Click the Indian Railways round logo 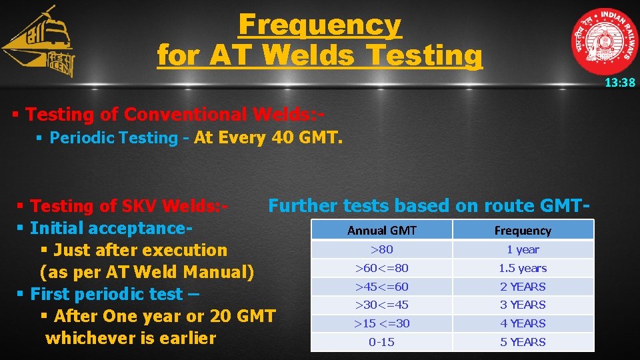[x=603, y=41]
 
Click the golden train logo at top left [x=39, y=44]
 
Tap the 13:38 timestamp [x=619, y=83]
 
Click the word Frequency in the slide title [x=320, y=25]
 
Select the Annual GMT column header [x=382, y=231]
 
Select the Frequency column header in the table [x=523, y=231]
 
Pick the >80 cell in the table [x=382, y=249]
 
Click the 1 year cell [x=523, y=249]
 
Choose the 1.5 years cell [x=523, y=268]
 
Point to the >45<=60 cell [x=382, y=287]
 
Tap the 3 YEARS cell [x=523, y=305]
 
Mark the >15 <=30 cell [x=382, y=323]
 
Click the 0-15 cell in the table [x=382, y=342]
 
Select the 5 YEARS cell [x=523, y=342]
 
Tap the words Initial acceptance [x=109, y=229]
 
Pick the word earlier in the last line [x=187, y=338]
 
